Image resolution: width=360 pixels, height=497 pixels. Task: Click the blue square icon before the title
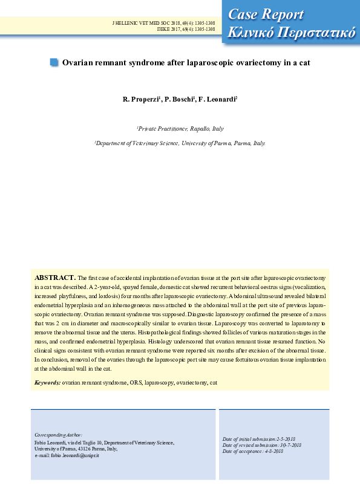pyautogui.click(x=54, y=62)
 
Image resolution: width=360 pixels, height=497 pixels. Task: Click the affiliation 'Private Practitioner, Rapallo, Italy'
pyautogui.click(x=180, y=129)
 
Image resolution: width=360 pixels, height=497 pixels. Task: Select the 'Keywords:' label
pyautogui.click(x=47, y=383)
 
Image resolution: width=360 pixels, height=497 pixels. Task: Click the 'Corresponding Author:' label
pyautogui.click(x=58, y=435)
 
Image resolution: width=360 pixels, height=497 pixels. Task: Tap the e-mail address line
pyautogui.click(x=67, y=455)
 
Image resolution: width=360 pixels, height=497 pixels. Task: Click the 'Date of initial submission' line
pyautogui.click(x=258, y=439)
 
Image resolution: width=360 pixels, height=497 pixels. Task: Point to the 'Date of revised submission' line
pyautogui.click(x=261, y=445)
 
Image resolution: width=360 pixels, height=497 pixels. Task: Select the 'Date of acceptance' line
pyautogui.click(x=253, y=452)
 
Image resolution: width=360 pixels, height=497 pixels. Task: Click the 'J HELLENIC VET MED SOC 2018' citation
pyautogui.click(x=163, y=22)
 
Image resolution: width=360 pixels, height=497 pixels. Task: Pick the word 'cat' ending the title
pyautogui.click(x=304, y=62)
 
